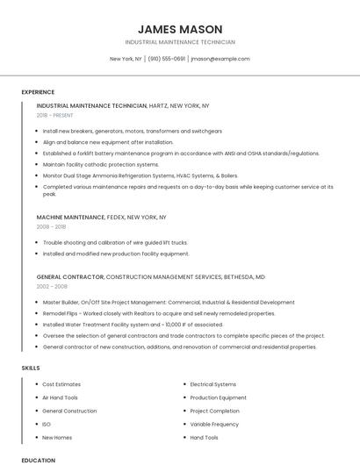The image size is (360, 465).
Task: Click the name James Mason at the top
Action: (x=180, y=29)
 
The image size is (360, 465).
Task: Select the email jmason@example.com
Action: (x=220, y=59)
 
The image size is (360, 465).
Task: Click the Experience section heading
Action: (x=38, y=92)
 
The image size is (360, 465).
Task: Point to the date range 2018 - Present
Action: (x=55, y=115)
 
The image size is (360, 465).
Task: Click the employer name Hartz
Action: (x=159, y=105)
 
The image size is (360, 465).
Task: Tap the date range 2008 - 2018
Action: (x=51, y=226)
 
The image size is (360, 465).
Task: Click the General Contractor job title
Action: (x=70, y=276)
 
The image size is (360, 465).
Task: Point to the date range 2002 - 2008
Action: (x=51, y=286)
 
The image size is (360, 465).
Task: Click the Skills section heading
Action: (x=31, y=368)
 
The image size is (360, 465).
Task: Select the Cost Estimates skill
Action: (x=61, y=384)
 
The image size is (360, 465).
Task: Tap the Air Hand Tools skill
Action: (x=61, y=397)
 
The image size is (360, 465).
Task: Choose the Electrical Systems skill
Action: (x=213, y=384)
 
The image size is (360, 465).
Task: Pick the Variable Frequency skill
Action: (x=214, y=424)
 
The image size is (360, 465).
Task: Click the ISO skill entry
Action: (x=47, y=424)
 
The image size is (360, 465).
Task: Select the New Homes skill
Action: (x=57, y=437)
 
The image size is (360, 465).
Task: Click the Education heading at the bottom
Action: (x=38, y=460)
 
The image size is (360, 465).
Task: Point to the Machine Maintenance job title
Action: (x=70, y=217)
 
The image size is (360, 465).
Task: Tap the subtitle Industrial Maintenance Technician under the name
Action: (x=180, y=42)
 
